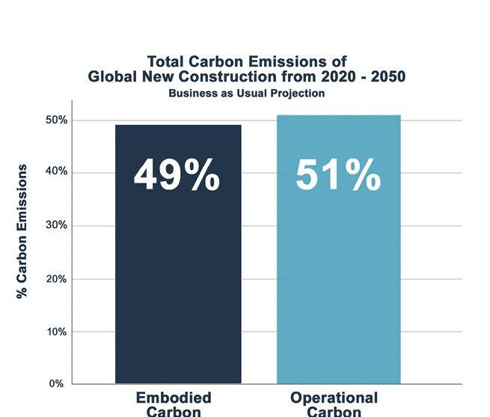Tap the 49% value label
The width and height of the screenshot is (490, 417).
(x=177, y=176)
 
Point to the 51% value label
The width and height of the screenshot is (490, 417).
(x=337, y=176)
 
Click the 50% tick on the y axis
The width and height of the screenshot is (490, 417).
(x=57, y=120)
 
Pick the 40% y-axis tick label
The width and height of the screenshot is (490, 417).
(x=57, y=172)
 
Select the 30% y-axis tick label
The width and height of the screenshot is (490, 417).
(x=57, y=225)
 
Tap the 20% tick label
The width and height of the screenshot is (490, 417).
(x=57, y=278)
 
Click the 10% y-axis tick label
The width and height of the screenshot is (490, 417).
(x=57, y=331)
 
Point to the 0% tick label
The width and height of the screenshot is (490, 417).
(x=60, y=384)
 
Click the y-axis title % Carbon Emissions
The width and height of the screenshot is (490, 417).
(x=23, y=231)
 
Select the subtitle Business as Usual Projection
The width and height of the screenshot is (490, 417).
(x=246, y=94)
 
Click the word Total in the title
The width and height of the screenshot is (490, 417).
(x=165, y=61)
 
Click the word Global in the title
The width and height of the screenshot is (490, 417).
(x=112, y=76)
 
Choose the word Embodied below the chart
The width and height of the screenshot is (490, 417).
(x=174, y=398)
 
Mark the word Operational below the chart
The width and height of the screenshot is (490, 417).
(x=334, y=398)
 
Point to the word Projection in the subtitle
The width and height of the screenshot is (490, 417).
(x=296, y=94)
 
